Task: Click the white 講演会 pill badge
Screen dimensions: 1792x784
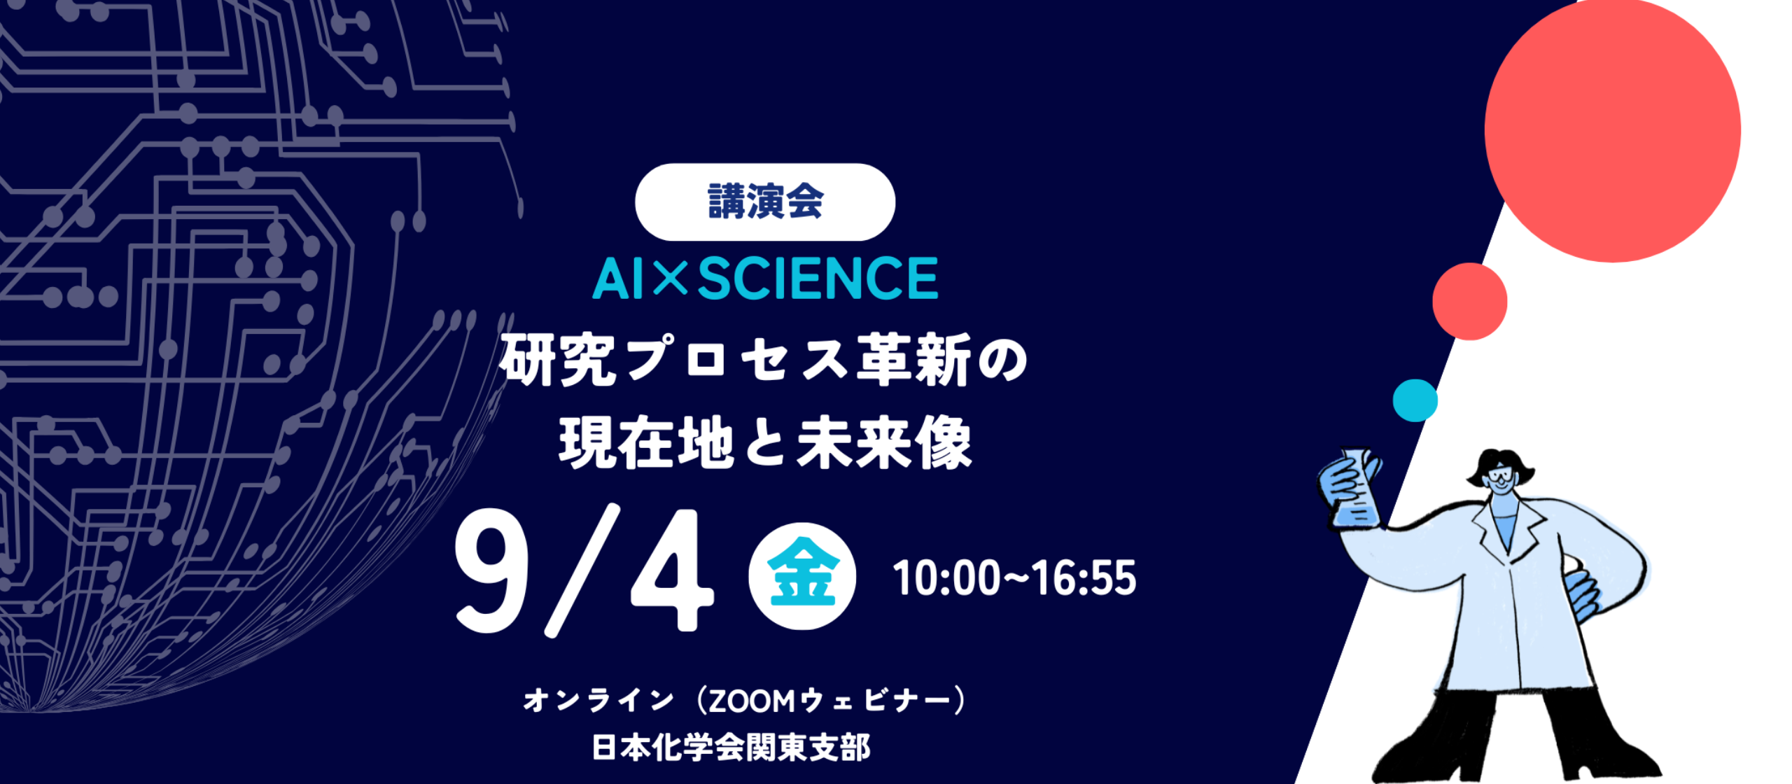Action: [x=765, y=202]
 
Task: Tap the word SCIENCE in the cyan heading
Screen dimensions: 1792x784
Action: [x=818, y=279]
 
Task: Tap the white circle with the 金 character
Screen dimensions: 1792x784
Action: [x=802, y=576]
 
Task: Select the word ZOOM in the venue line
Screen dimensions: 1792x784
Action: [x=752, y=701]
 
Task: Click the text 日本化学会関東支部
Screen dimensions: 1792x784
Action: [x=731, y=748]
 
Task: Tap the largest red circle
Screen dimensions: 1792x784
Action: [x=1613, y=131]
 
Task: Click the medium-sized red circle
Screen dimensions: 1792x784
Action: [x=1469, y=302]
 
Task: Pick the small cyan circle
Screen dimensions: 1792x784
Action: [x=1415, y=400]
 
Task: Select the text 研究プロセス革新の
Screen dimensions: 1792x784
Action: [x=764, y=360]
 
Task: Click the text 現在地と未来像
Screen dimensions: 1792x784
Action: [x=765, y=442]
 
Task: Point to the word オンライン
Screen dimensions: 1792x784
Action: [x=599, y=701]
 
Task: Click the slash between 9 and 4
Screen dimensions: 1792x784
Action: [x=582, y=570]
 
